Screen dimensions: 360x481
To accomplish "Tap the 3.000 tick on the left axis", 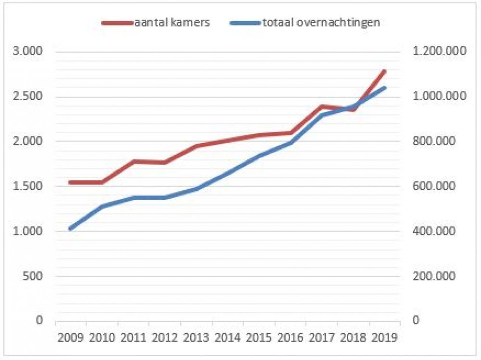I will point(29,51).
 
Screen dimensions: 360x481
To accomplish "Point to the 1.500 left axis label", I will point(29,186).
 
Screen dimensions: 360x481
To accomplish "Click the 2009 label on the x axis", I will point(71,336).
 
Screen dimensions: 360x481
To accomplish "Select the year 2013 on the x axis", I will point(196,336).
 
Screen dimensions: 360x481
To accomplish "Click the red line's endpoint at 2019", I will point(384,71).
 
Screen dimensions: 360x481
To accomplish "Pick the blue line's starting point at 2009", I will point(71,229).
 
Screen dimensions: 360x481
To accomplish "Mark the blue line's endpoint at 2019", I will point(384,88).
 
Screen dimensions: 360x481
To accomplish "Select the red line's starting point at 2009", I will point(71,182).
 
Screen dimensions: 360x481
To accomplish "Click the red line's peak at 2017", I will point(321,106).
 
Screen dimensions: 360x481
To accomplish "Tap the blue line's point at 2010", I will point(102,206).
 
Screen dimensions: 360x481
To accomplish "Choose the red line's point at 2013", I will point(196,146).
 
